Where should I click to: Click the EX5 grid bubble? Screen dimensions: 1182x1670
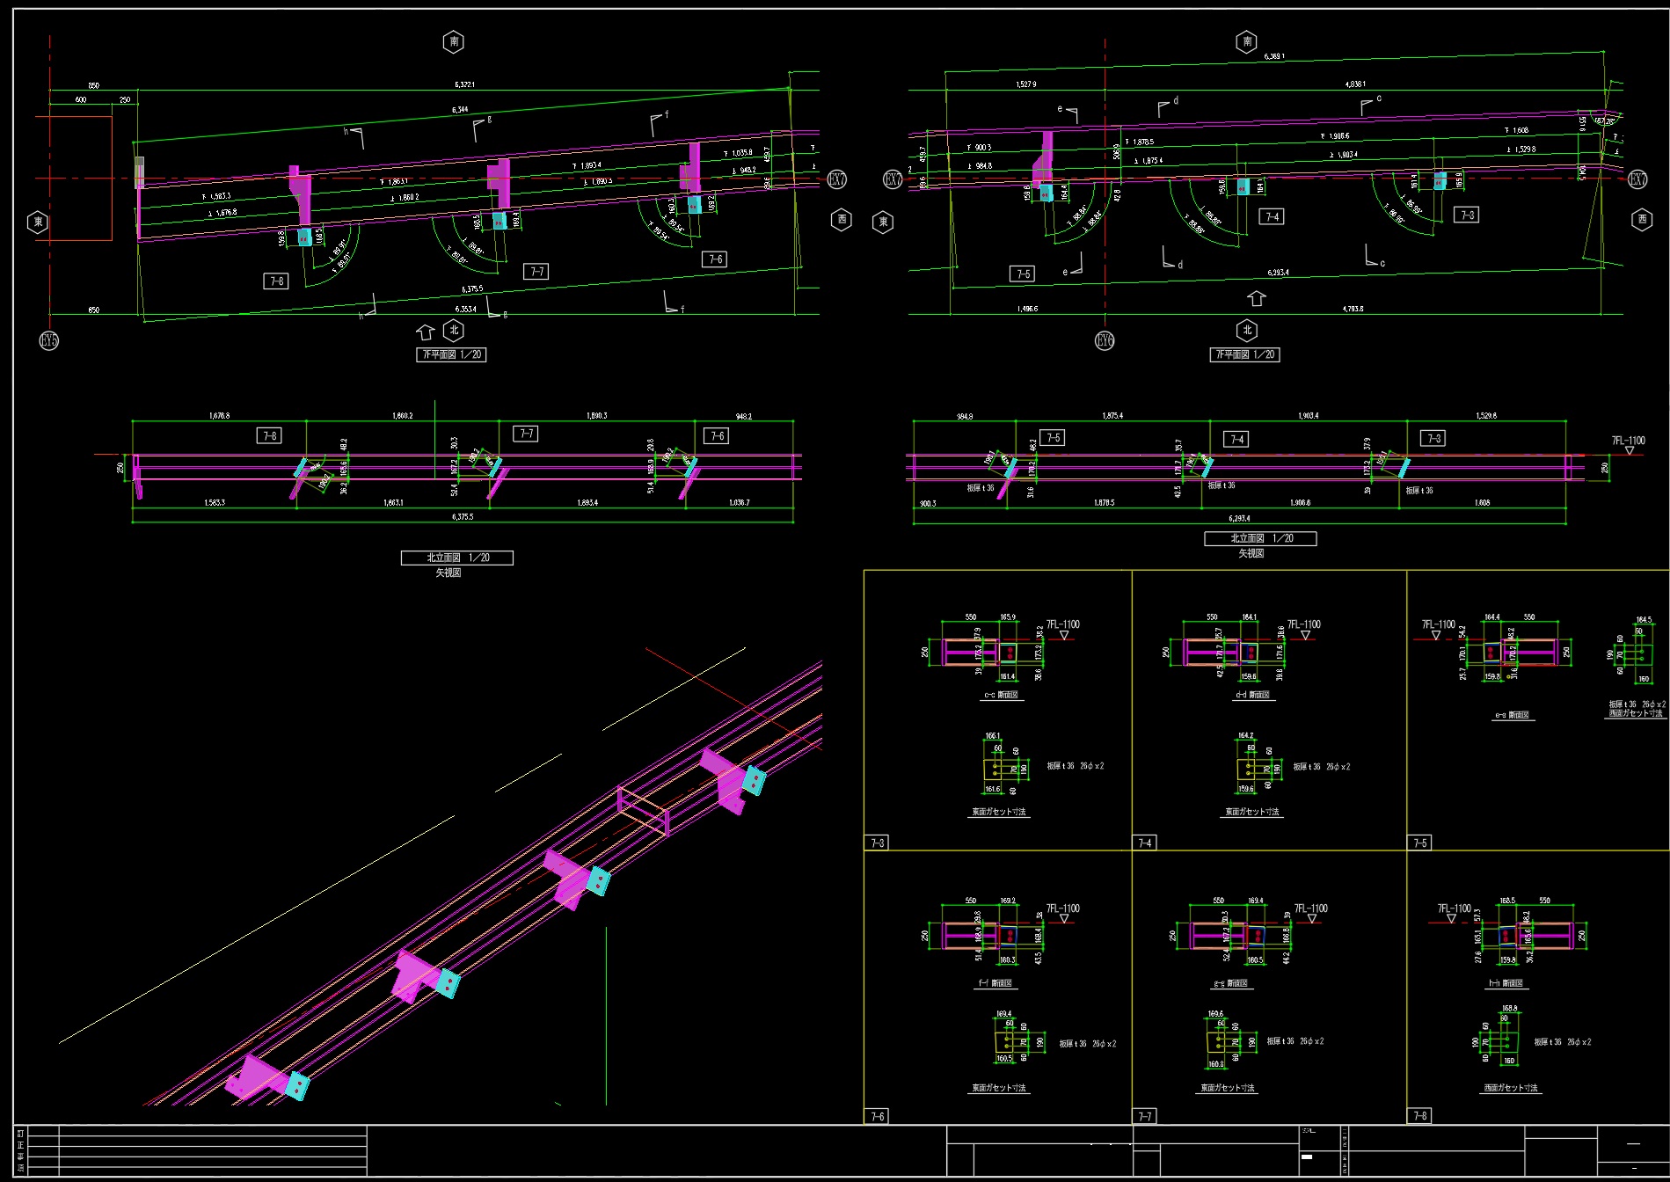pyautogui.click(x=49, y=340)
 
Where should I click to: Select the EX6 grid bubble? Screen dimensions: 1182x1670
pyautogui.click(x=1105, y=340)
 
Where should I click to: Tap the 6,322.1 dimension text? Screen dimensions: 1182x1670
pyautogui.click(x=464, y=84)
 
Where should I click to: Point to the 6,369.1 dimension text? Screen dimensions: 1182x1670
pyautogui.click(x=1274, y=56)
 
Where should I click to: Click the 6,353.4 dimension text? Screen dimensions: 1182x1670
pyautogui.click(x=465, y=309)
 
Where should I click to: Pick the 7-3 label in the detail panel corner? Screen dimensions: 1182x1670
pyautogui.click(x=878, y=843)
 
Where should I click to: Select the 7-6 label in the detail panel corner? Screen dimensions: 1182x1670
pyautogui.click(x=878, y=1116)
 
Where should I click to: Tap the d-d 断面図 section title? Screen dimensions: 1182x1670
pyautogui.click(x=1252, y=695)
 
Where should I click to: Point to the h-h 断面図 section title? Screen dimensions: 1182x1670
pyautogui.click(x=1506, y=983)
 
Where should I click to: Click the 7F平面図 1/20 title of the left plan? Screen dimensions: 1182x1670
pyautogui.click(x=451, y=354)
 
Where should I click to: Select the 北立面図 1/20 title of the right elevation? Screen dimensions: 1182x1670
pyautogui.click(x=1260, y=538)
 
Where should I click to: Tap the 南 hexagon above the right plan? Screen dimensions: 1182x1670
pyautogui.click(x=1246, y=41)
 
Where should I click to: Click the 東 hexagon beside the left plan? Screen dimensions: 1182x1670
pyautogui.click(x=38, y=222)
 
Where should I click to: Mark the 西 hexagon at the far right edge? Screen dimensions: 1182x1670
pyautogui.click(x=1642, y=219)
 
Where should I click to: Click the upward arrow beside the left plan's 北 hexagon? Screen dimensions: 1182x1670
pyautogui.click(x=426, y=332)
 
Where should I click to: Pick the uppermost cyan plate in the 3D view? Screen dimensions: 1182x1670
pyautogui.click(x=754, y=779)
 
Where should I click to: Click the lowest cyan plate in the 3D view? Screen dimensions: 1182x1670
pyautogui.click(x=298, y=1086)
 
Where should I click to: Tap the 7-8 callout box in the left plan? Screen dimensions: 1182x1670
pyautogui.click(x=276, y=281)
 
